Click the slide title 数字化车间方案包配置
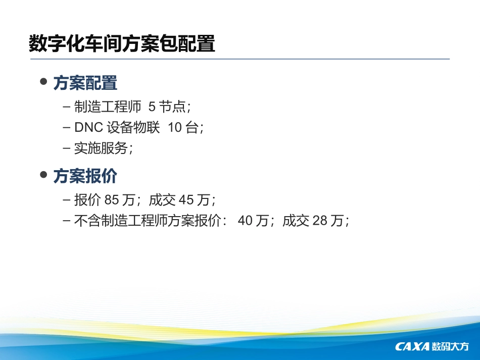click(x=122, y=43)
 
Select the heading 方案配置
click(x=85, y=83)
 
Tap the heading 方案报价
click(x=85, y=176)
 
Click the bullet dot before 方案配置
click(x=43, y=82)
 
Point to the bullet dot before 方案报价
click(x=43, y=175)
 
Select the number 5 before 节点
click(x=152, y=107)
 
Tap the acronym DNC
click(x=88, y=128)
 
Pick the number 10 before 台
click(x=174, y=128)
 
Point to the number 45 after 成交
click(x=186, y=200)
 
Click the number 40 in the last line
click(x=245, y=221)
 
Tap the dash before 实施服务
click(x=67, y=148)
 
